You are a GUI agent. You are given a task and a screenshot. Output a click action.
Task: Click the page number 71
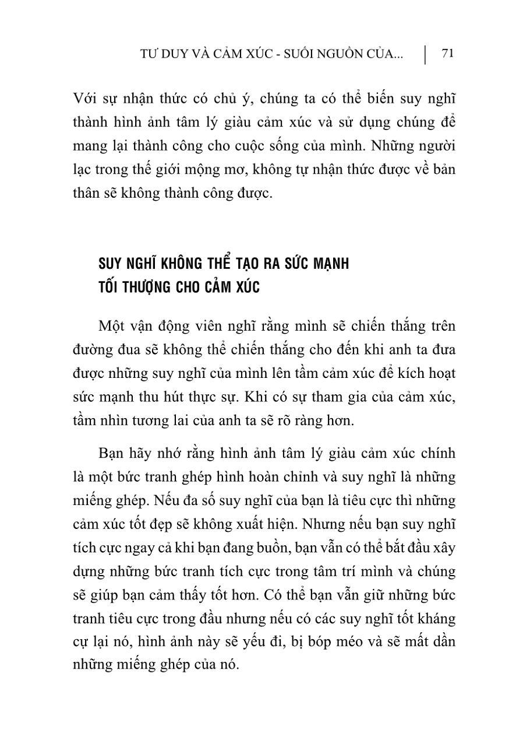coord(448,54)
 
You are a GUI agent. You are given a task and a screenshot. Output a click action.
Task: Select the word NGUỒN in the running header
coord(347,54)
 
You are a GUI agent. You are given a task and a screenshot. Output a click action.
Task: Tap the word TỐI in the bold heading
coord(111,288)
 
